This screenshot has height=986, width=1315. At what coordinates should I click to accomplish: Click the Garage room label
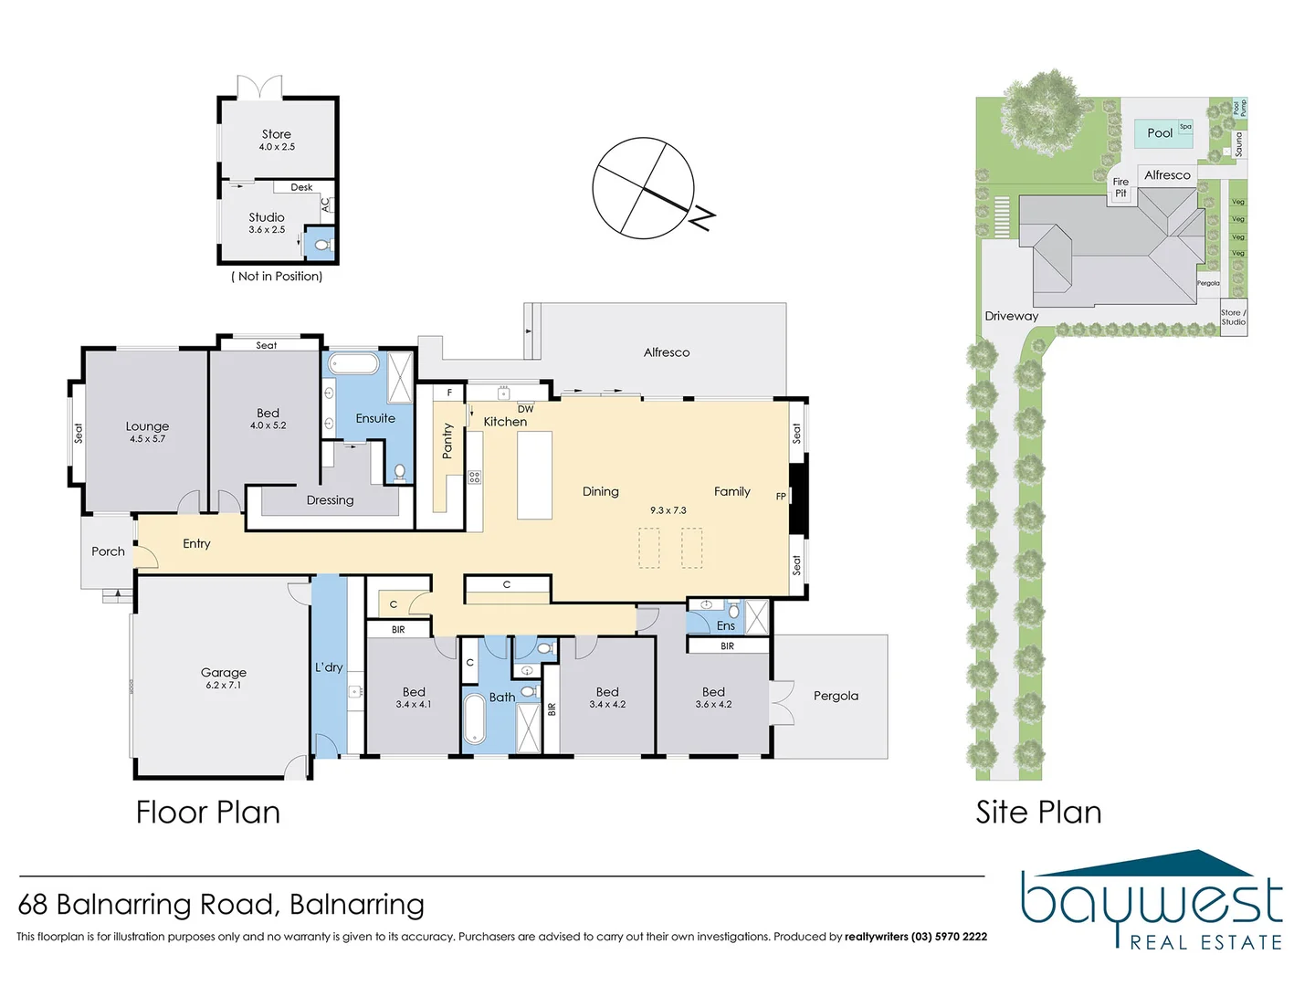click(224, 673)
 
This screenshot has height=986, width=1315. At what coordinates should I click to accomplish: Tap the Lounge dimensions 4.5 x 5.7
click(147, 439)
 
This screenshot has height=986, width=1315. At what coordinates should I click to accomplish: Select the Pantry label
click(447, 440)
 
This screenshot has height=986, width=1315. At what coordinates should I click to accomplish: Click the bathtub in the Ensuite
click(353, 364)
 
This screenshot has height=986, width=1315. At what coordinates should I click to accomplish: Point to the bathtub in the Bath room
click(475, 719)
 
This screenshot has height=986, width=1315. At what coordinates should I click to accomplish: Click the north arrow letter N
click(701, 218)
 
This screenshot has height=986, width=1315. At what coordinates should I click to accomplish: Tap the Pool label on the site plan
click(1160, 133)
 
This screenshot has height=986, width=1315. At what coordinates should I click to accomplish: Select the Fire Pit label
click(1120, 187)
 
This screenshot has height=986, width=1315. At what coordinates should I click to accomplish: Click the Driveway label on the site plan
click(1011, 316)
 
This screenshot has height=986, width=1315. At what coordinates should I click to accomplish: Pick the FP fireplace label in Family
click(781, 497)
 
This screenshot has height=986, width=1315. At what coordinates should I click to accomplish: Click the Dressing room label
click(330, 500)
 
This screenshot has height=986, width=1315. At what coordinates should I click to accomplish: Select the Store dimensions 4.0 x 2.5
click(277, 147)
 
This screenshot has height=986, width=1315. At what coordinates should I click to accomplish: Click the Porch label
click(108, 551)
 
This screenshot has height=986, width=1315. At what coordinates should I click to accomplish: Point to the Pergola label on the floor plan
click(836, 696)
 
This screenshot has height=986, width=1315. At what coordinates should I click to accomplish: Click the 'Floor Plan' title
click(208, 812)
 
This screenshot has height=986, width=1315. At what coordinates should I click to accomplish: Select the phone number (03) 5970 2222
click(949, 937)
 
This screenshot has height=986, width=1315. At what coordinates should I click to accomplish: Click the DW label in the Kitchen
click(525, 409)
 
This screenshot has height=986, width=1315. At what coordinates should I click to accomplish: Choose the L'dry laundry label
click(329, 667)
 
